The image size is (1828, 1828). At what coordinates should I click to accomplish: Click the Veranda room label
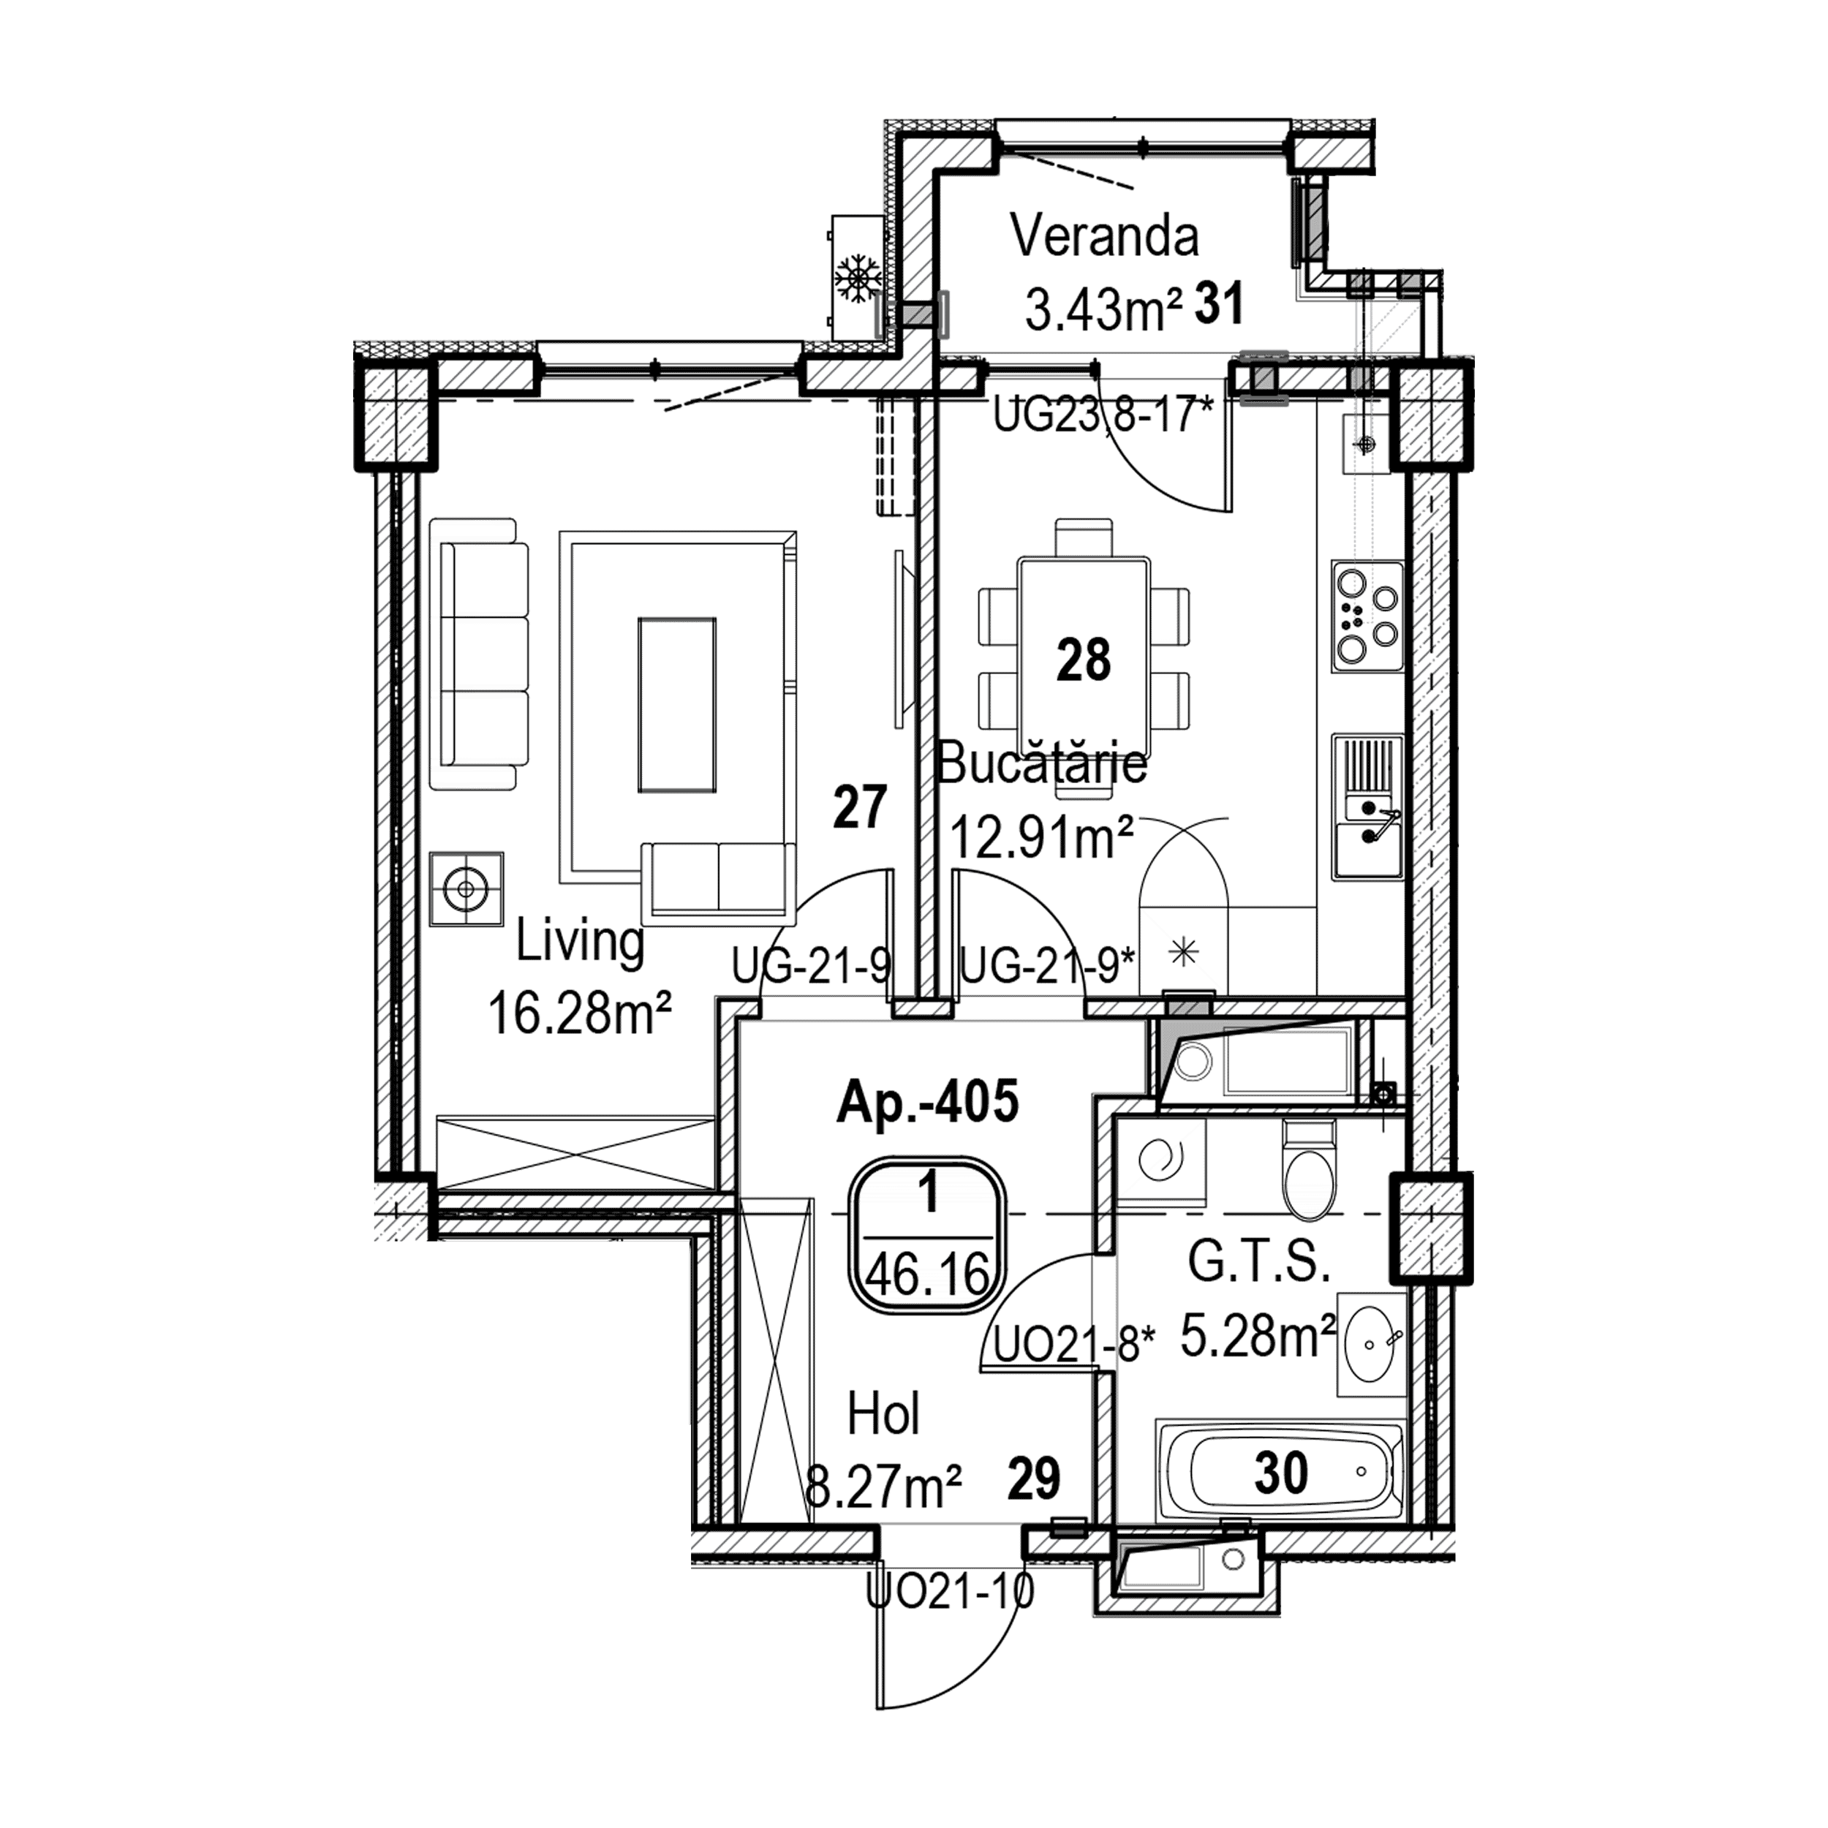pos(1104,238)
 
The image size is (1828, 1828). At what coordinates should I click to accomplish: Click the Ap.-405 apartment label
pos(927,1103)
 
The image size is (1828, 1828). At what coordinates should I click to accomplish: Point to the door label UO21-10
pos(950,1592)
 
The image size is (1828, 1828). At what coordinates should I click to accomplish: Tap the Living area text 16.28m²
pos(579,1013)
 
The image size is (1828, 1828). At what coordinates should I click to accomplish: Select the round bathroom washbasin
pos(1369,1343)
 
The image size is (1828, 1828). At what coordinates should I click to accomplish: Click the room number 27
pos(859,807)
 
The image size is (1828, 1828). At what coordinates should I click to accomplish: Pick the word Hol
pos(883,1415)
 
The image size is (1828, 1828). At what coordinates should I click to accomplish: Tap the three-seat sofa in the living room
pos(479,654)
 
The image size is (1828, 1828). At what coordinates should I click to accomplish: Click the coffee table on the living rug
pos(676,704)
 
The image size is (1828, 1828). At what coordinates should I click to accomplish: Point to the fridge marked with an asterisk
pos(1182,951)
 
